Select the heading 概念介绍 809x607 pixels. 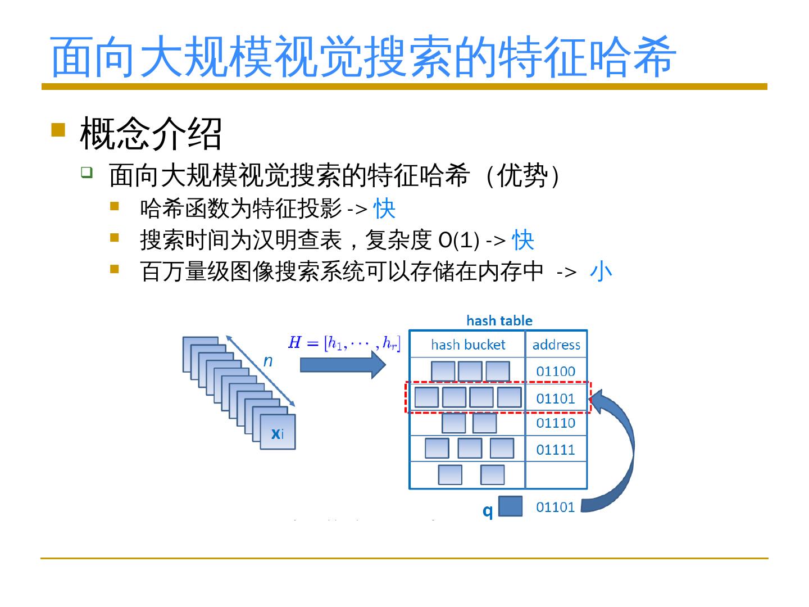[151, 134]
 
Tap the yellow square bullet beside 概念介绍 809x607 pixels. [58, 130]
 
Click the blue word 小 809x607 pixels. [601, 271]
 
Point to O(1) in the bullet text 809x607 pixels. [458, 241]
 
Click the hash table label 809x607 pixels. [499, 321]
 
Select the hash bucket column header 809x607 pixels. [467, 345]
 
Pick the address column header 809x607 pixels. [556, 345]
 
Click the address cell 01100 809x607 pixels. [556, 371]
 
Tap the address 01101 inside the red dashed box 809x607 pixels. [556, 398]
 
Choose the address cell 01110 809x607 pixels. [556, 423]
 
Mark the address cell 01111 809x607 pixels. [556, 450]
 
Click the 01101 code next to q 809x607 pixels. [556, 507]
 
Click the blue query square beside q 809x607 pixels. [510, 506]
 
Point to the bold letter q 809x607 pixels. [488, 510]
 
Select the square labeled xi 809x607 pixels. [278, 432]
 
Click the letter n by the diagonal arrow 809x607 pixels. [268, 361]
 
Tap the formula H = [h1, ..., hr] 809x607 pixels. [344, 342]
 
